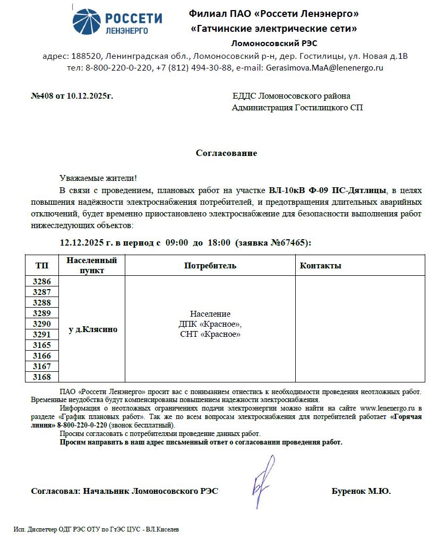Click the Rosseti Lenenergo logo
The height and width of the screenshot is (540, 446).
[x=117, y=23]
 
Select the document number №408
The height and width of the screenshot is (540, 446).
[x=42, y=96]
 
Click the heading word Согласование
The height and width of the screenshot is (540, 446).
[x=226, y=153]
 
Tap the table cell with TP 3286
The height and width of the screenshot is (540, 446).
[x=42, y=282]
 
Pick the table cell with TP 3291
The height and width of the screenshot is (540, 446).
[x=42, y=335]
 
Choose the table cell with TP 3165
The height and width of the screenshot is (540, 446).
[x=42, y=345]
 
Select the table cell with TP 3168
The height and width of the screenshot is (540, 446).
[x=42, y=377]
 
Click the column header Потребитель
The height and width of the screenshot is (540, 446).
[x=210, y=265]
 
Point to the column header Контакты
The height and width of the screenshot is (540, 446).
[x=321, y=265]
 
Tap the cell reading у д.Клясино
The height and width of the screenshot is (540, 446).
[x=93, y=329]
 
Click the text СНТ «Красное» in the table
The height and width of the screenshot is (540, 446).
[x=210, y=334]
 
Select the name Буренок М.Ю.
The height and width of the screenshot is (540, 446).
[x=361, y=491]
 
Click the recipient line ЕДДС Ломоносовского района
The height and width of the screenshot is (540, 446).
[x=291, y=96]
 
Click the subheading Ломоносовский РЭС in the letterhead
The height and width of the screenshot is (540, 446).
[x=274, y=43]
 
